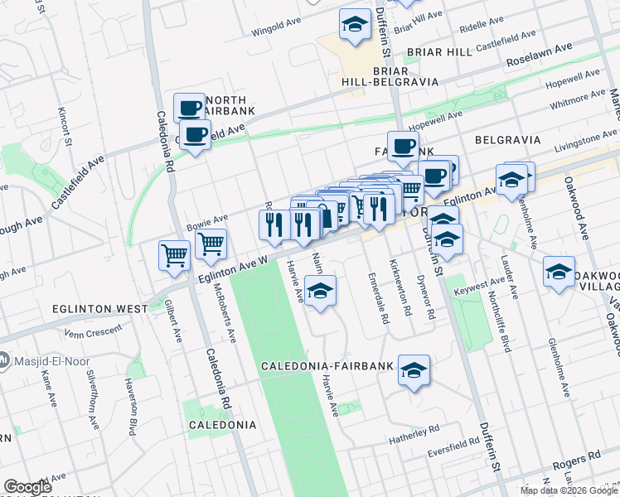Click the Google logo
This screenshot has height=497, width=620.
click(28, 487)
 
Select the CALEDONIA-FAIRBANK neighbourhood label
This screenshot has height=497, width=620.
click(327, 366)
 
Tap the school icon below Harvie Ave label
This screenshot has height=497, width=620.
click(321, 291)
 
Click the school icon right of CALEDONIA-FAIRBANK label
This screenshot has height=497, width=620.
click(414, 370)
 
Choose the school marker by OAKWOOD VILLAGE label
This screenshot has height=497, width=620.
click(559, 272)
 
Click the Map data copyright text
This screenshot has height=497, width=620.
click(569, 490)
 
